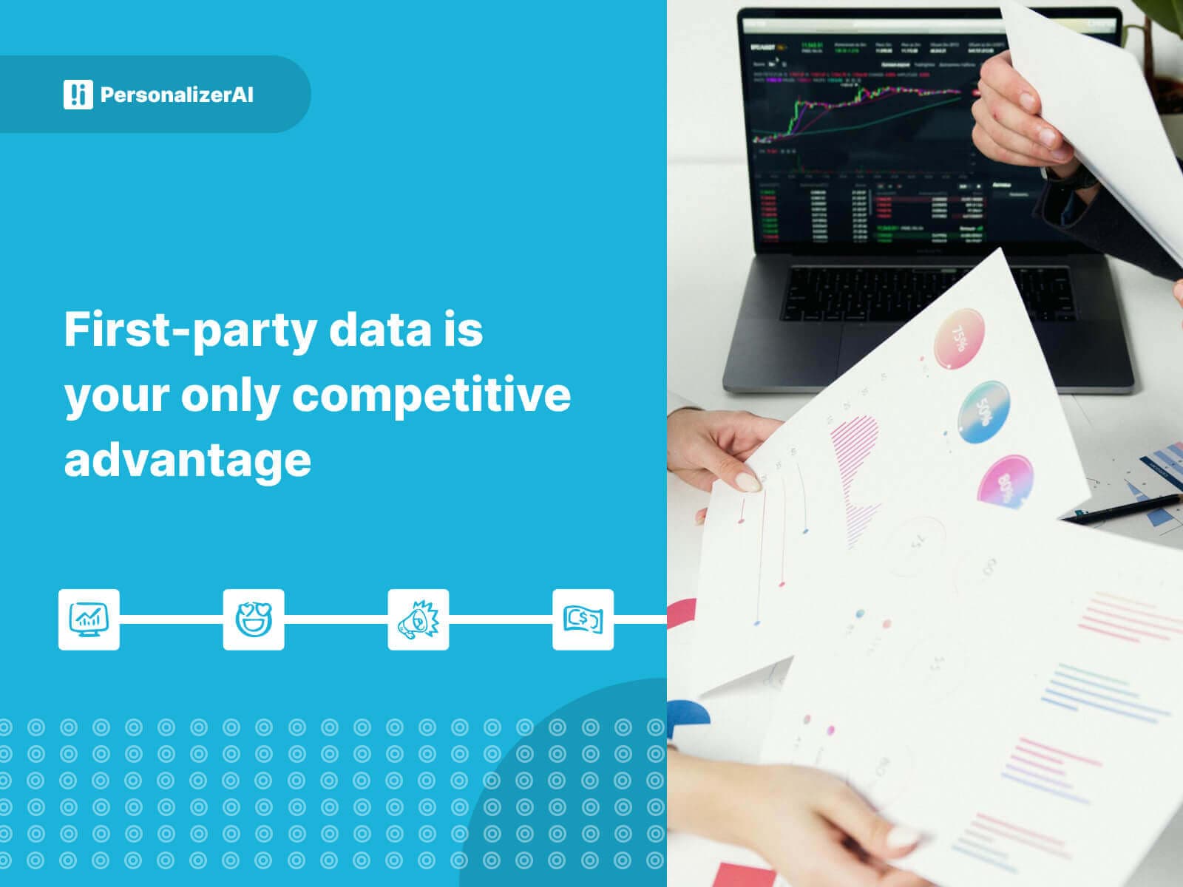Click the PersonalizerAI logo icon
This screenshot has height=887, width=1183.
[78, 95]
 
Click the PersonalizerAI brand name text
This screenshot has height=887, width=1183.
[177, 95]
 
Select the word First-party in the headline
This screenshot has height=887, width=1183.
[190, 330]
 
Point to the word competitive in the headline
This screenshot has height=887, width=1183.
[431, 395]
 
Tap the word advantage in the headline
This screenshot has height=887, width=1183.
[187, 460]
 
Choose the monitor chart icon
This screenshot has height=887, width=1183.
[89, 619]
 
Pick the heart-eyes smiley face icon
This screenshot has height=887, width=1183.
[254, 619]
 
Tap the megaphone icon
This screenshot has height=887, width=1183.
[418, 619]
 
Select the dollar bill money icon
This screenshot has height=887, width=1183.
[583, 619]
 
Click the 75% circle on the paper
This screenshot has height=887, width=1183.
[959, 339]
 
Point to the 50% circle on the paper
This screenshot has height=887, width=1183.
[984, 412]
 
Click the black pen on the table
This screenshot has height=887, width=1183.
[1125, 509]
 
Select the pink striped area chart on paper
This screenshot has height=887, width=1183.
[857, 473]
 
